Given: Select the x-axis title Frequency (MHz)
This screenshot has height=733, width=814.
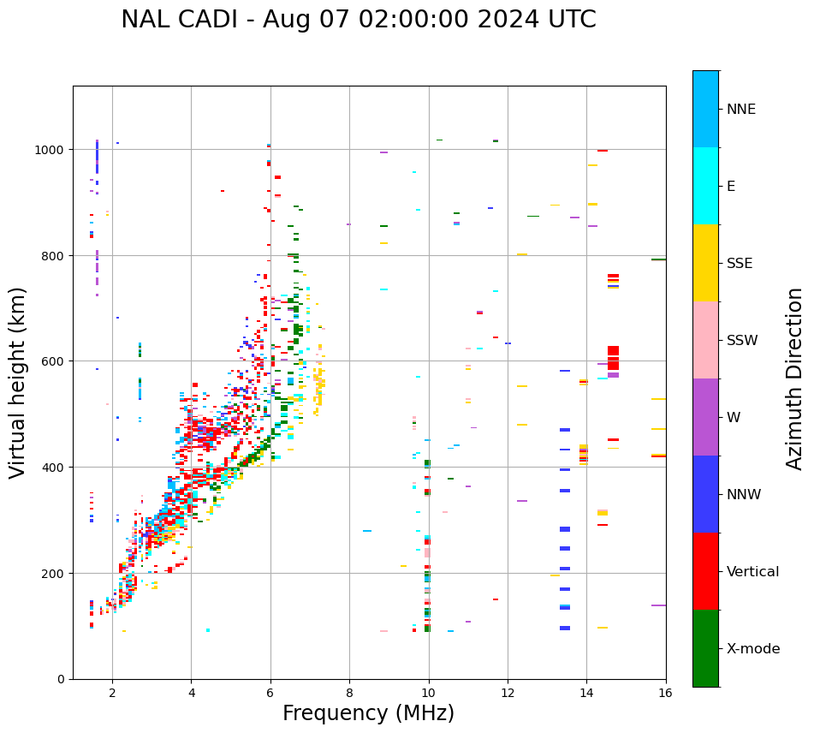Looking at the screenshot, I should click(368, 713).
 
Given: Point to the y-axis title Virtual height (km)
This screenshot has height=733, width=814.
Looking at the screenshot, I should click(18, 382).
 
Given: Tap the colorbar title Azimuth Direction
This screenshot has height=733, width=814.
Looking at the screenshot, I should click(795, 378).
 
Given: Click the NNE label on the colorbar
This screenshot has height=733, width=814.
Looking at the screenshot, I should click(741, 109).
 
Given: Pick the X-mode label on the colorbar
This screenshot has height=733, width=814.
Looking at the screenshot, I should click(753, 649).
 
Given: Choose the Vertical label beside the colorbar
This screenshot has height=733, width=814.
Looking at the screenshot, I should click(753, 572).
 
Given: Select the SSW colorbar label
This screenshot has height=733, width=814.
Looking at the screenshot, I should click(742, 340).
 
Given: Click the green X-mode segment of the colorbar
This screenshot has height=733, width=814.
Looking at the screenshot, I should click(705, 648).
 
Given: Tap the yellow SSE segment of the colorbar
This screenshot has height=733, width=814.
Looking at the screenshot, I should click(705, 263).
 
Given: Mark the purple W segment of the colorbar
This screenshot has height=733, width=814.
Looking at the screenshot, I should click(705, 417).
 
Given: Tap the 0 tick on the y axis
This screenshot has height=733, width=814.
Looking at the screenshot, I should click(61, 679).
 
